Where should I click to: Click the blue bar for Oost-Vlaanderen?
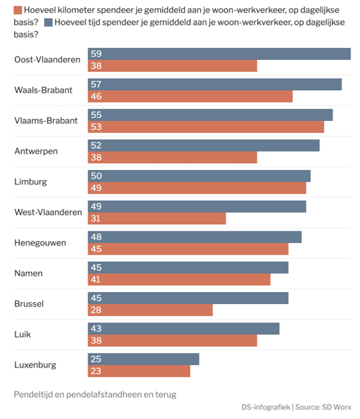(219, 54)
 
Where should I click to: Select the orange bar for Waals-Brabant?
(190, 96)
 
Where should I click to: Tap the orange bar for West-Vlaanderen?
(157, 218)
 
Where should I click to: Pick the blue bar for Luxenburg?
(143, 359)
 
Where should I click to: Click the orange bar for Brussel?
(150, 310)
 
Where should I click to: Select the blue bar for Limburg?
(199, 176)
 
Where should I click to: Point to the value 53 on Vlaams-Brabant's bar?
(97, 127)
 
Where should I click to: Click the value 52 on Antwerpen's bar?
(97, 145)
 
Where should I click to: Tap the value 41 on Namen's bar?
(97, 279)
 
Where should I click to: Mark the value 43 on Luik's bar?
(97, 328)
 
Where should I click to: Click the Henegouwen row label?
(40, 243)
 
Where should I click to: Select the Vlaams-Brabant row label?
(46, 121)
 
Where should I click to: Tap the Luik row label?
(22, 334)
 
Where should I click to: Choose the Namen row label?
(29, 273)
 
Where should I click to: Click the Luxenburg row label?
(35, 365)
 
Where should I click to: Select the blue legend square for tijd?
(49, 22)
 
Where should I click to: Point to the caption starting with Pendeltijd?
(95, 394)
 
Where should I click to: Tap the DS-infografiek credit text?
(265, 407)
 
